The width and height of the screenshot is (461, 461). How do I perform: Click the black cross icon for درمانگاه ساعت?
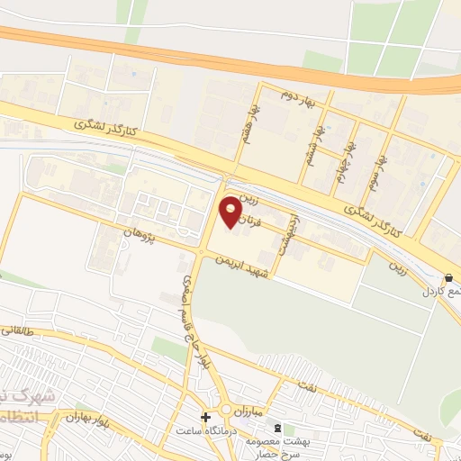click(206, 418)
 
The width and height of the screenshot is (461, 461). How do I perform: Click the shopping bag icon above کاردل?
click(448, 278)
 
